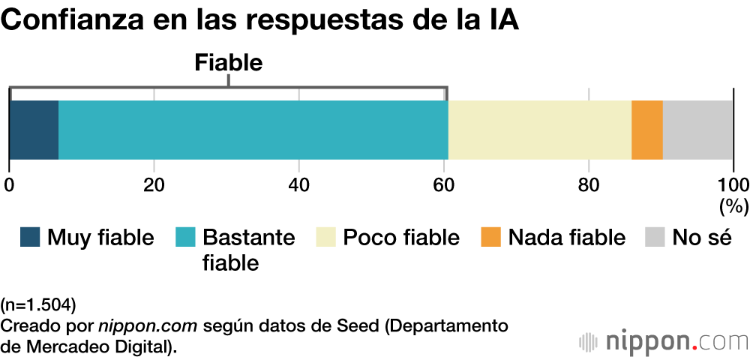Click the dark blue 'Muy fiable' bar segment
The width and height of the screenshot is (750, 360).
tap(34, 129)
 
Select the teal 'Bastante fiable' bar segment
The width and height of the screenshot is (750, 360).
tap(253, 129)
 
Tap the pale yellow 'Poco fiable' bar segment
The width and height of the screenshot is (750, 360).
tap(540, 129)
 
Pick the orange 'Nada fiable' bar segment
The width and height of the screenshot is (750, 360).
tap(647, 129)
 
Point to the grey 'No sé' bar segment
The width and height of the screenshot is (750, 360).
tap(697, 129)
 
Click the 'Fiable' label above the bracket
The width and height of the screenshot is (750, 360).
tap(228, 63)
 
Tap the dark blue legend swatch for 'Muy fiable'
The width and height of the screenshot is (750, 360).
tap(30, 238)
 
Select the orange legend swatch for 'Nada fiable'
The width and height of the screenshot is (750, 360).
tap(491, 238)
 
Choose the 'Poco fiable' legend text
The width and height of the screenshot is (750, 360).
tap(401, 238)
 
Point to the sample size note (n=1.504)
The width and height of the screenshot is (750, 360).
tap(38, 304)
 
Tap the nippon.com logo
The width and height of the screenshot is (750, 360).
tap(663, 341)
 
